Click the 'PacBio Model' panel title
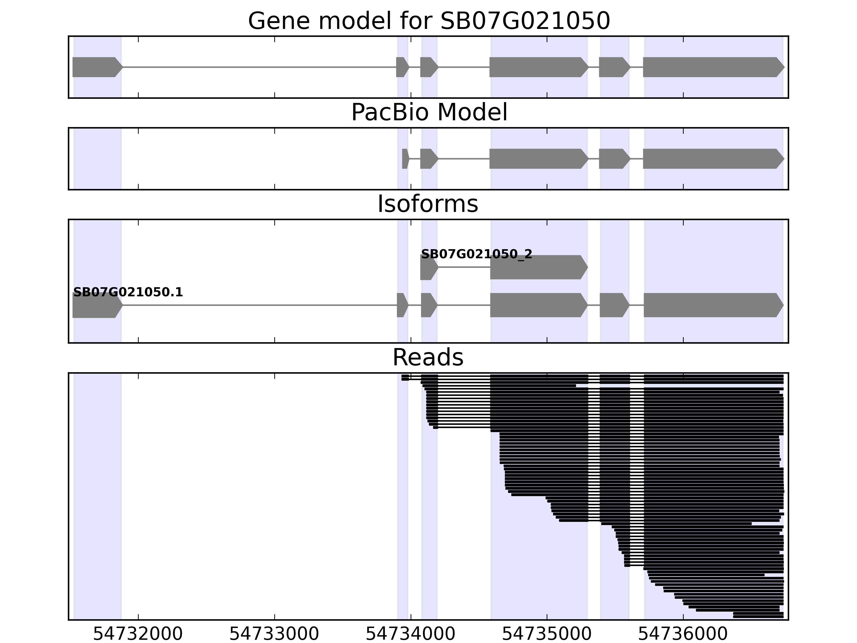(x=428, y=113)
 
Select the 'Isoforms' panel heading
(x=428, y=204)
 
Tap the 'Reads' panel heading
(x=428, y=357)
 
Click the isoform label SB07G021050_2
(x=476, y=255)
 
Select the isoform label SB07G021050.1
(x=128, y=293)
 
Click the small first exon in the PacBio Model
(x=405, y=159)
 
